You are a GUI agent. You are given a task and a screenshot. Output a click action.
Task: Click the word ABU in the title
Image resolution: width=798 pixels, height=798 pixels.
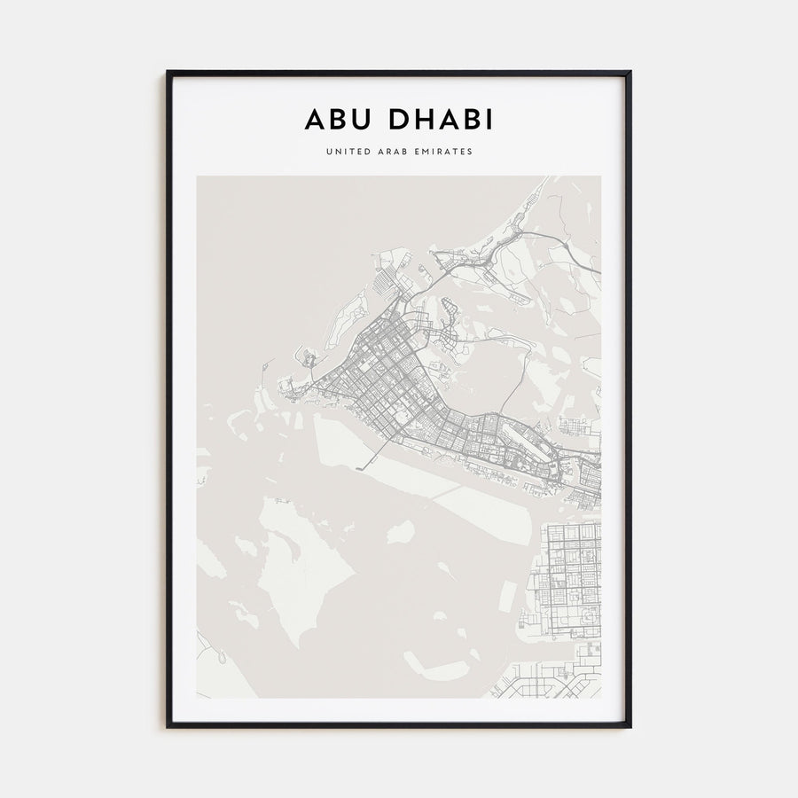[338, 119]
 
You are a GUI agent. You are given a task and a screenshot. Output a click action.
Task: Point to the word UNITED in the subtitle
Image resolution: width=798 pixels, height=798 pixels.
[348, 152]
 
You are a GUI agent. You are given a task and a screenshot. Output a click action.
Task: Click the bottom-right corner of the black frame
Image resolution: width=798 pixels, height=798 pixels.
[630, 726]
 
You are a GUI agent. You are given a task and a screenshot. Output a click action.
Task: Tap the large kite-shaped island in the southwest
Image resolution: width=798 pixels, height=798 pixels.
[288, 567]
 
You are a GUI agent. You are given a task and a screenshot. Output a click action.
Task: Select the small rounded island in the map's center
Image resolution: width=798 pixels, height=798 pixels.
[401, 532]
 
